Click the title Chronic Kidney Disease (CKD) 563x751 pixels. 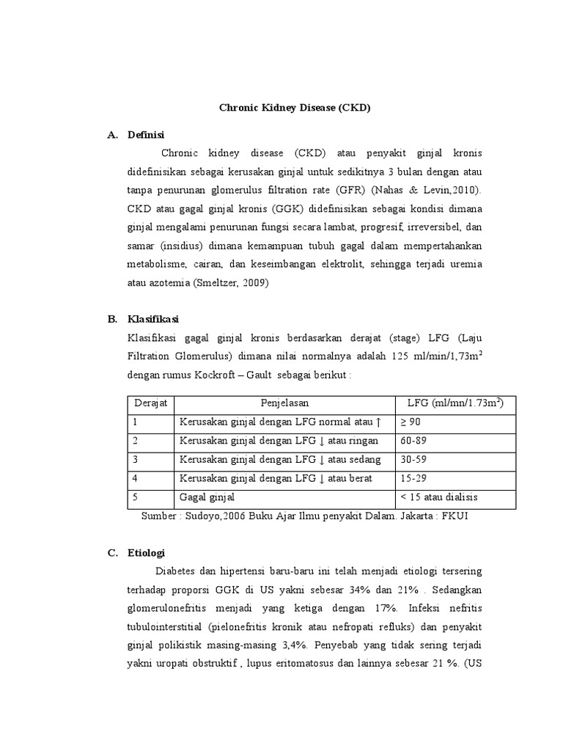[x=295, y=108]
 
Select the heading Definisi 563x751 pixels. [x=146, y=135]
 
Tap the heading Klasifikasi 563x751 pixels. [x=153, y=319]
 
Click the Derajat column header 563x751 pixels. [x=151, y=403]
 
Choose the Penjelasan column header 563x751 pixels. [x=284, y=403]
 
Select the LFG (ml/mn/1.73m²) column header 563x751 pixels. [x=455, y=403]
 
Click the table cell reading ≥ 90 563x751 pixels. [x=411, y=422]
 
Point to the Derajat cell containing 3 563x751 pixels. [x=136, y=460]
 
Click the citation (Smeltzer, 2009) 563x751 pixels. [x=232, y=282]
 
